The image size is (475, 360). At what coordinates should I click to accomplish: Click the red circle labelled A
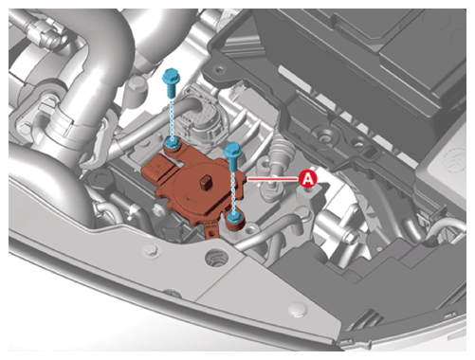pos(308,179)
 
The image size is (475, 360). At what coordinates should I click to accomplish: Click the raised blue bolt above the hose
pos(172,82)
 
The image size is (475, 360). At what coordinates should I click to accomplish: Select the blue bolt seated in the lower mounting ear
pos(234,217)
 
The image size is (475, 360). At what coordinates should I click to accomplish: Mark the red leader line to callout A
pos(273,179)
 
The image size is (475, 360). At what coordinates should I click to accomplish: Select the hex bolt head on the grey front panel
pos(151,250)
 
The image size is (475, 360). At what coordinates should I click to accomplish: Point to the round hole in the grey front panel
pos(216,259)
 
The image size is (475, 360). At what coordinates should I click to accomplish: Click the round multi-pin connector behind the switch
pos(205,118)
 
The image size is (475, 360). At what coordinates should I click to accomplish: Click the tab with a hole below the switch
pos(211,233)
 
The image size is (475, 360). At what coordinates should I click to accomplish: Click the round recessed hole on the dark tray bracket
pos(322,136)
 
